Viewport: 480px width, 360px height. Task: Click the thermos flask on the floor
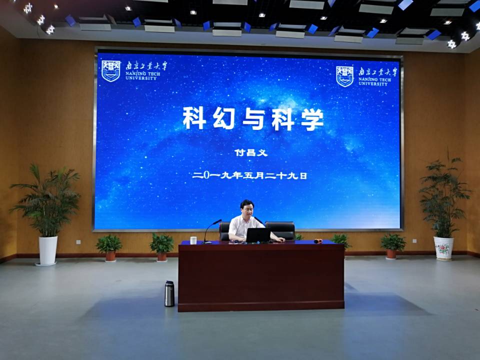point(169,293)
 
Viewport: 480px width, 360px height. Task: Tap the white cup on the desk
point(193,240)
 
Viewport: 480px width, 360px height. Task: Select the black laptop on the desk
point(258,235)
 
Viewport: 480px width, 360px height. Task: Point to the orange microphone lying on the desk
point(318,241)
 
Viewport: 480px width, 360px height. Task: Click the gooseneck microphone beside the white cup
point(211,231)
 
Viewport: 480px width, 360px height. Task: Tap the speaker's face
point(248,209)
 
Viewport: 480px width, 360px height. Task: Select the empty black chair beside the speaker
point(280,230)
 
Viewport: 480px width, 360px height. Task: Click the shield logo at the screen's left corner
point(111,71)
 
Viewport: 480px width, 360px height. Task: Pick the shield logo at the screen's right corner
point(344,76)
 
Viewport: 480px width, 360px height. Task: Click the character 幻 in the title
point(224,118)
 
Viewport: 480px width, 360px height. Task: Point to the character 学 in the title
point(312,119)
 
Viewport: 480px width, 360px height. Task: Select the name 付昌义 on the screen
point(251,152)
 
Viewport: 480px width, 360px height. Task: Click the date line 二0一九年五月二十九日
point(249,175)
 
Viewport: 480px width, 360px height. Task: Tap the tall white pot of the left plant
point(48,250)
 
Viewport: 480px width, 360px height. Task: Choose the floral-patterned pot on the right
point(443,248)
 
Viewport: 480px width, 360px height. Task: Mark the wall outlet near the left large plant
point(78,242)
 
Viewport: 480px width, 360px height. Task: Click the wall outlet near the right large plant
point(414,241)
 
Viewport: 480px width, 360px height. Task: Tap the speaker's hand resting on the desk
point(281,240)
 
